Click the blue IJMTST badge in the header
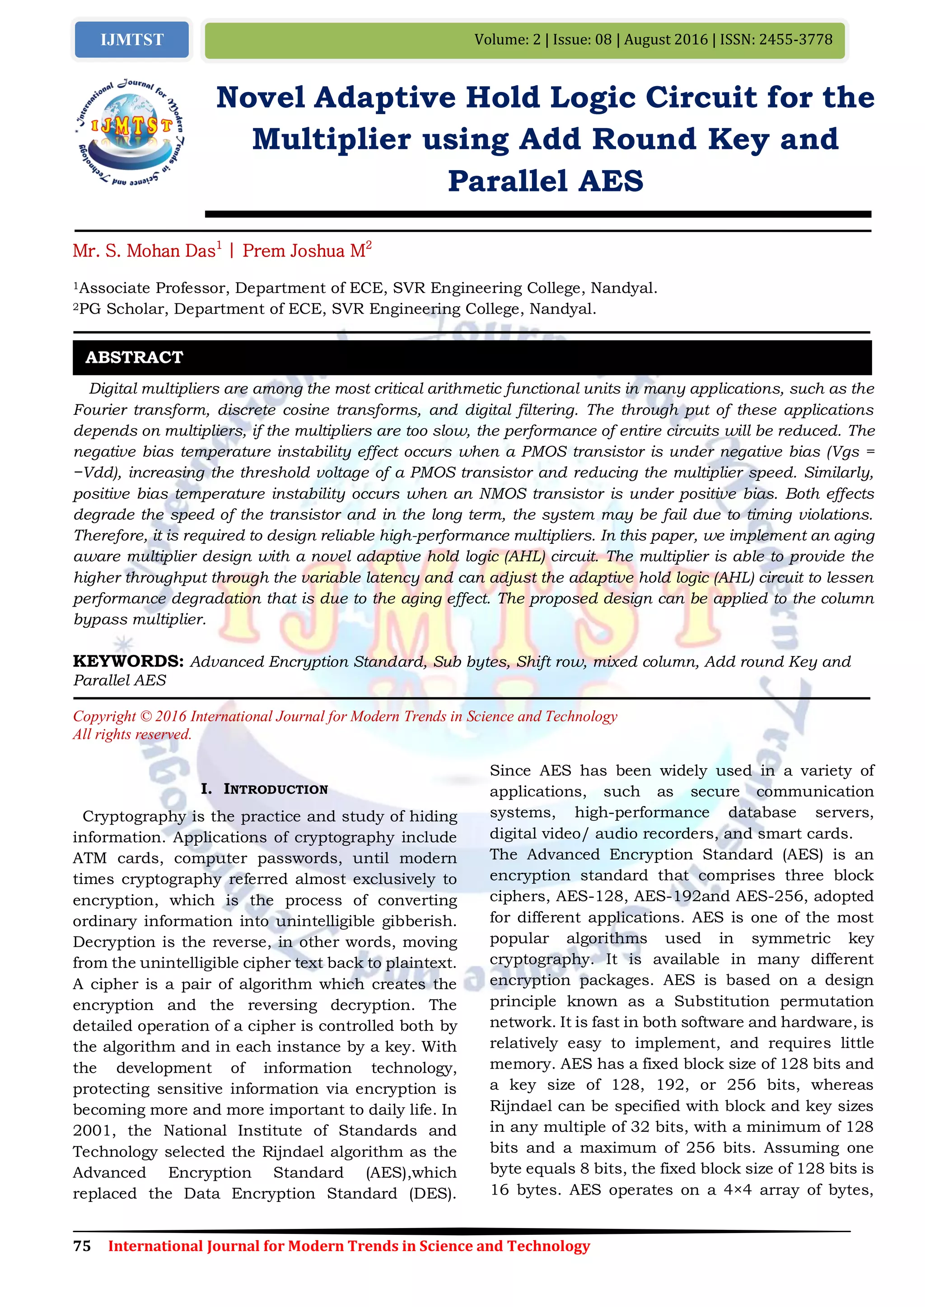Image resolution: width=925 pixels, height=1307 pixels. (131, 40)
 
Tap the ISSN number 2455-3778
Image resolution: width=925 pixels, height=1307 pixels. (796, 40)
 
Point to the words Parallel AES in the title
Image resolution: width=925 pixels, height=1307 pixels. (545, 181)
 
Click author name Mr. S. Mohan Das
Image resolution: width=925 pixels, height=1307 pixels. (144, 251)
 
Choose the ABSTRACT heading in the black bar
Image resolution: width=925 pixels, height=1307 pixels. (135, 357)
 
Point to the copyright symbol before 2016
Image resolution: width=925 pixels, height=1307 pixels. (145, 717)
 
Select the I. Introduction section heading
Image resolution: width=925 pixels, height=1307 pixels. (264, 789)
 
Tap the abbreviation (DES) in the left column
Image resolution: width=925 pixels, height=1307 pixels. (432, 1193)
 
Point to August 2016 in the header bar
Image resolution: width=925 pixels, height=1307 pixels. (665, 40)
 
